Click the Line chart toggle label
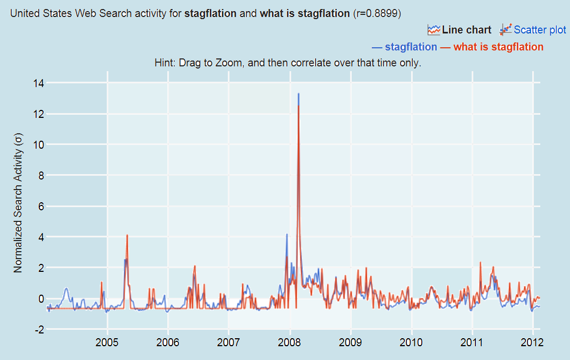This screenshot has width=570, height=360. click(x=466, y=30)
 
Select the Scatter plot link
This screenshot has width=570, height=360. click(x=540, y=30)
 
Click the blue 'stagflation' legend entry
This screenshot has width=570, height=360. click(x=411, y=47)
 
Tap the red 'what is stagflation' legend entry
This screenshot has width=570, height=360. click(x=498, y=47)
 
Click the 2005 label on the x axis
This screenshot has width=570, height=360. click(x=107, y=340)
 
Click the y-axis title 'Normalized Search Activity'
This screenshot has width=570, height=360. click(x=19, y=204)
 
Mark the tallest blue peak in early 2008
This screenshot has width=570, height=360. click(x=299, y=94)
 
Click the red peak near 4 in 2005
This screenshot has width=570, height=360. click(x=127, y=235)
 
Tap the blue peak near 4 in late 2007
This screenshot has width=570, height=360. click(x=287, y=234)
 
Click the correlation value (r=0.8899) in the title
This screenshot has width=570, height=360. click(x=381, y=13)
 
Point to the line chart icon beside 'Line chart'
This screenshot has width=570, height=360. click(x=434, y=30)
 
